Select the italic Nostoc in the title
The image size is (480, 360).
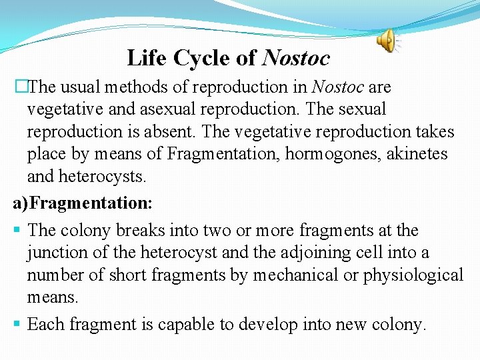pos(296,59)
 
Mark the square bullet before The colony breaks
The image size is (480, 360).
pos(17,231)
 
